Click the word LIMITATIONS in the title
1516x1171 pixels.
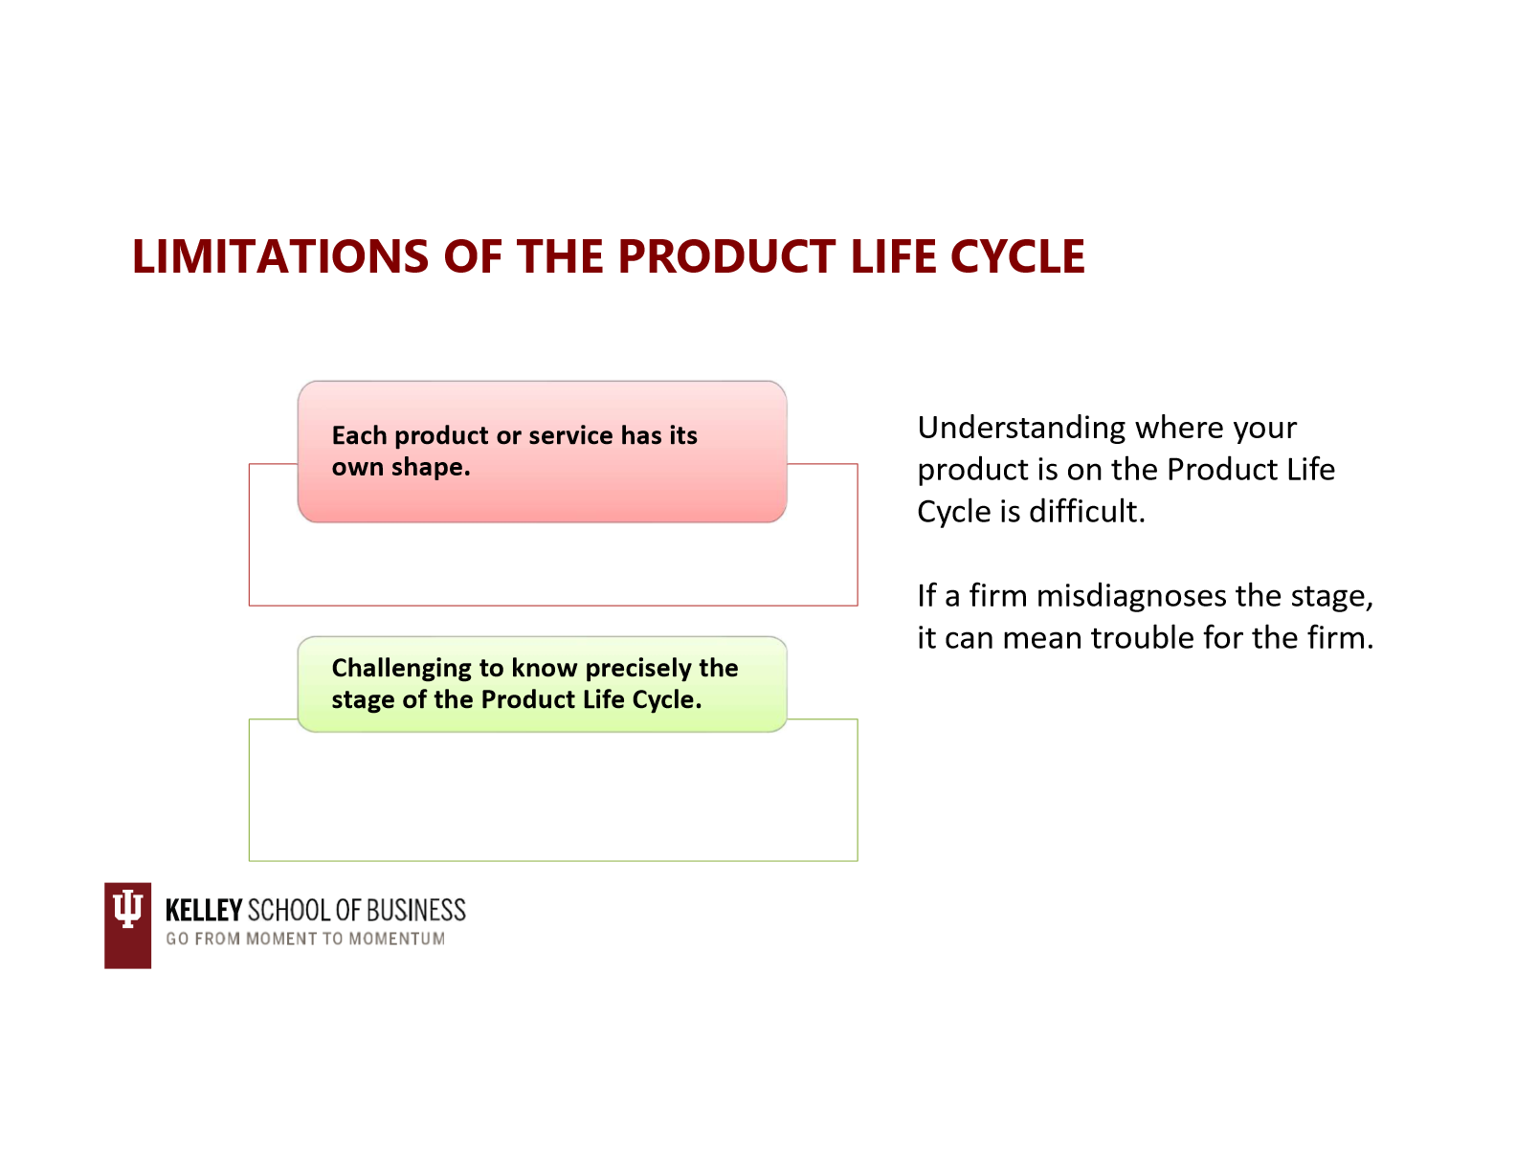[279, 256]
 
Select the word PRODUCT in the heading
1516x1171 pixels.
[726, 256]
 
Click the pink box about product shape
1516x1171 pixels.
[542, 451]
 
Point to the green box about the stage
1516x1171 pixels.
[542, 683]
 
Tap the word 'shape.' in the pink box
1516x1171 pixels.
[431, 468]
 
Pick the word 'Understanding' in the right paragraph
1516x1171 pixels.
[1020, 428]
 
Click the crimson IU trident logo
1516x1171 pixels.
[127, 924]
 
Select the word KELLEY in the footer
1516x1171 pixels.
[203, 910]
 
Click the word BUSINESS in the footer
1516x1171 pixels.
[415, 910]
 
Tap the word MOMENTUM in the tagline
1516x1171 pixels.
[396, 939]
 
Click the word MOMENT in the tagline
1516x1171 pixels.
[281, 939]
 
